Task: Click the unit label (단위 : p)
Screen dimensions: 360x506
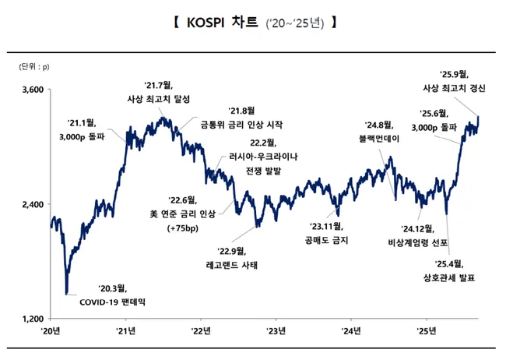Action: click(33, 68)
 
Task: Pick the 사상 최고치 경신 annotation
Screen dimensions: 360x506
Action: click(454, 90)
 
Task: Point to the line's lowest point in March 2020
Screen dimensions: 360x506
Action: click(67, 294)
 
